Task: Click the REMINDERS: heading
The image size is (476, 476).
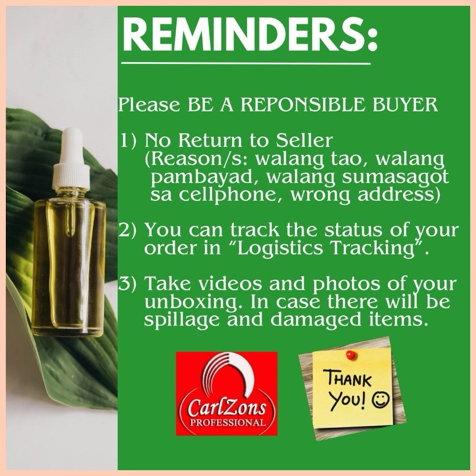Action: coord(250,35)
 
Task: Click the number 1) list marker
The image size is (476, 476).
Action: coord(128,140)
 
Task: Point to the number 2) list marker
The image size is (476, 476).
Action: coord(127,230)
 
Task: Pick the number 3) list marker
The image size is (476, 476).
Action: coord(127,283)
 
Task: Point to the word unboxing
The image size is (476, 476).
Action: coord(193,302)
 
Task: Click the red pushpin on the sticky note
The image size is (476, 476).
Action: coord(351,355)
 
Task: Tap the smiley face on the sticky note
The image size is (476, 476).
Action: coord(381,400)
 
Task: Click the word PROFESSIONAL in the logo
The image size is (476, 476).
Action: coord(228,422)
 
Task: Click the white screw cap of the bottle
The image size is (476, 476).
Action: coord(71,176)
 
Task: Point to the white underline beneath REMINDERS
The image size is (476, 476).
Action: coord(246,63)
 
